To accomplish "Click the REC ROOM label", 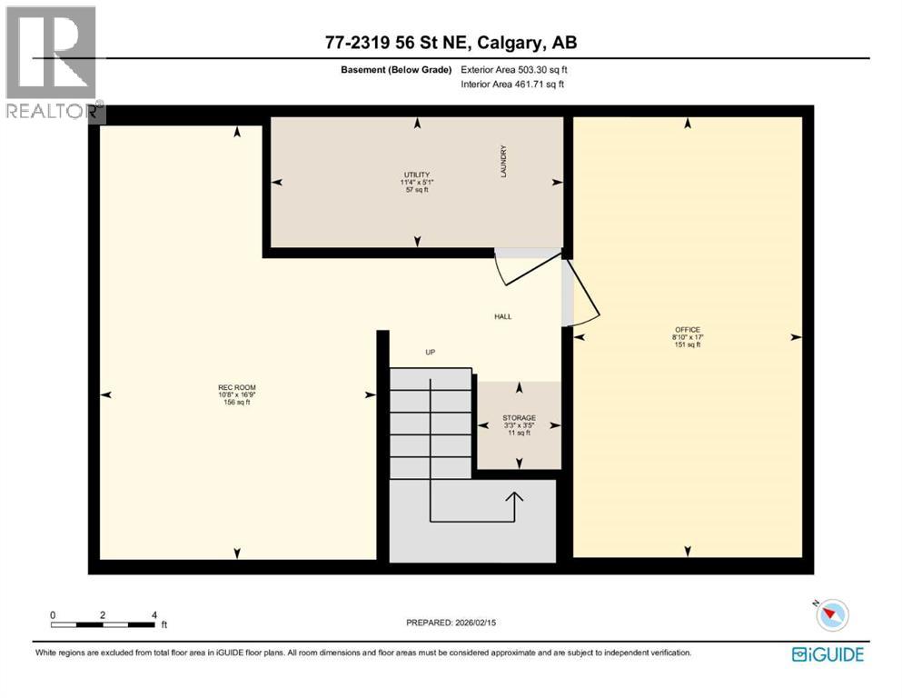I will [236, 388].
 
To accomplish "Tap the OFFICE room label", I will [687, 329].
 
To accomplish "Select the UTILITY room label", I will [417, 174].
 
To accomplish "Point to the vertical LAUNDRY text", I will [502, 161].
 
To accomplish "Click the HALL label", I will [502, 317].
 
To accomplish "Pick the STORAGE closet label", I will [519, 418].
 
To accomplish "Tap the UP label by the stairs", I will [431, 352].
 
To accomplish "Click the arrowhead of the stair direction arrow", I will [515, 496].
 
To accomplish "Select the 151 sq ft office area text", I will [687, 345].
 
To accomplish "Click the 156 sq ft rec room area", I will [236, 403].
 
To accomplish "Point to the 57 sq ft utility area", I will [417, 190].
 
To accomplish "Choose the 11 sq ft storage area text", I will [519, 434].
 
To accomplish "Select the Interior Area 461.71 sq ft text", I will [513, 85].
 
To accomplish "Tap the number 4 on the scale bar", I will [154, 615].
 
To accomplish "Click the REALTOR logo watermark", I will [52, 64].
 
